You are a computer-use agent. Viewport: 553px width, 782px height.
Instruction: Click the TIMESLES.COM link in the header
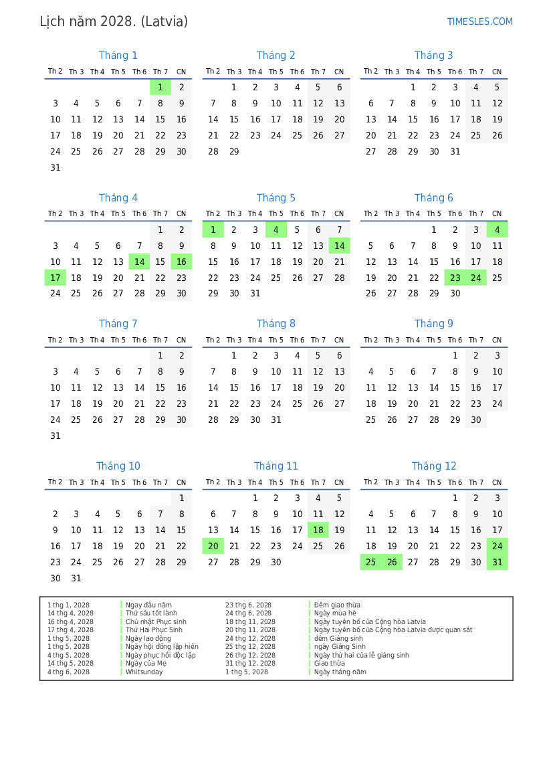[479, 21]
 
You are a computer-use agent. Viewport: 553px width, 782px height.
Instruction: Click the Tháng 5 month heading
[275, 198]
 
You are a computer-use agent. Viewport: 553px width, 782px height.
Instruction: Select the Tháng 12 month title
[434, 466]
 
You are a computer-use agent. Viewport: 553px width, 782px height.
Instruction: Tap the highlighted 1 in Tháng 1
[160, 88]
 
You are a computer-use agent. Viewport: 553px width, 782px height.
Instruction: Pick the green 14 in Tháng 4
[139, 262]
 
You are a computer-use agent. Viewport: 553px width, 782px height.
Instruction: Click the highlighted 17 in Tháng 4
[56, 278]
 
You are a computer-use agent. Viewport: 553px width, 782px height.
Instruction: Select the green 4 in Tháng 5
[276, 230]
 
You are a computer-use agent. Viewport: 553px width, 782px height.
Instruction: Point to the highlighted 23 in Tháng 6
[455, 278]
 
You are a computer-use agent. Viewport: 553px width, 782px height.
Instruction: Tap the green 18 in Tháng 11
[318, 530]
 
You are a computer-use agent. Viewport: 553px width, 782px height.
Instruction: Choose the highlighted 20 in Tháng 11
[213, 547]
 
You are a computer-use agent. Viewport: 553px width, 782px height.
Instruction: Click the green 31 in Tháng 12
[497, 563]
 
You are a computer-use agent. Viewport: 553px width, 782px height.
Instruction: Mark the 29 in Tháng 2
[234, 152]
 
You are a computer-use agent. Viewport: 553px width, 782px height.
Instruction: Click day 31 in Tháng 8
[276, 420]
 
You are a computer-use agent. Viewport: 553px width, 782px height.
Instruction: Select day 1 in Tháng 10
[181, 498]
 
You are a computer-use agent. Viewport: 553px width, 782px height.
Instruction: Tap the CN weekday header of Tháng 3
[497, 72]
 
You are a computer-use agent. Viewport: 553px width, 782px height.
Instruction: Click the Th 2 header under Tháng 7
[56, 340]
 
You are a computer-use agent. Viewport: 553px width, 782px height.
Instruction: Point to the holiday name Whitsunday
[144, 672]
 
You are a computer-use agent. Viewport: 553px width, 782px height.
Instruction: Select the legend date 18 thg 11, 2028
[250, 622]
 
